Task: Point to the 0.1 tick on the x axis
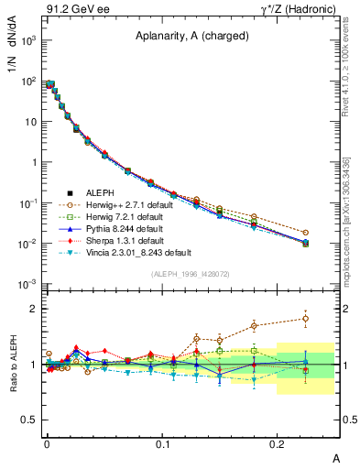[162, 443]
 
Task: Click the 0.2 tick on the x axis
[278, 443]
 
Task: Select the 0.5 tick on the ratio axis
[29, 420]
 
